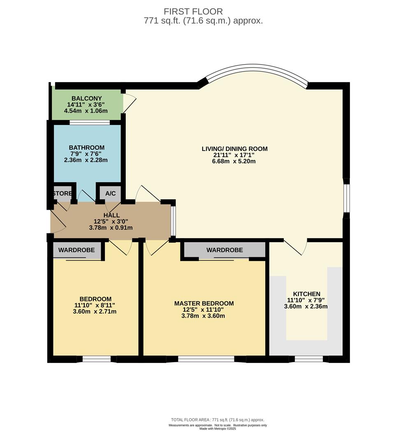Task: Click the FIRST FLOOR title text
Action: pyautogui.click(x=193, y=12)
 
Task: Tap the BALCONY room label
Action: pyautogui.click(x=87, y=99)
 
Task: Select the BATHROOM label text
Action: pyautogui.click(x=87, y=148)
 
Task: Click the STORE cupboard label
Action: pyautogui.click(x=63, y=193)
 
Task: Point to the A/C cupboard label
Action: pyautogui.click(x=111, y=193)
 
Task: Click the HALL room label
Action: pyautogui.click(x=111, y=215)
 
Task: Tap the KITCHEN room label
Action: pyautogui.click(x=307, y=294)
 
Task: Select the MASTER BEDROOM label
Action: pyautogui.click(x=204, y=303)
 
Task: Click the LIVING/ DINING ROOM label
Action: pyautogui.click(x=234, y=149)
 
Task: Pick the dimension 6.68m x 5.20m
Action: pyautogui.click(x=234, y=162)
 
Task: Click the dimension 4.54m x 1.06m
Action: pyautogui.click(x=86, y=111)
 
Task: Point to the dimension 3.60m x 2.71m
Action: pyautogui.click(x=95, y=312)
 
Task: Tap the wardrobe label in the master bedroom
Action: pyautogui.click(x=225, y=250)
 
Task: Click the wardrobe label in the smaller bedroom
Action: pyautogui.click(x=76, y=250)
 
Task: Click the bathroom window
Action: pyautogui.click(x=90, y=123)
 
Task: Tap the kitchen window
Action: pyautogui.click(x=309, y=359)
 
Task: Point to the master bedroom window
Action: pyautogui.click(x=206, y=359)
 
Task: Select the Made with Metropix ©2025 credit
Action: pyautogui.click(x=218, y=429)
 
